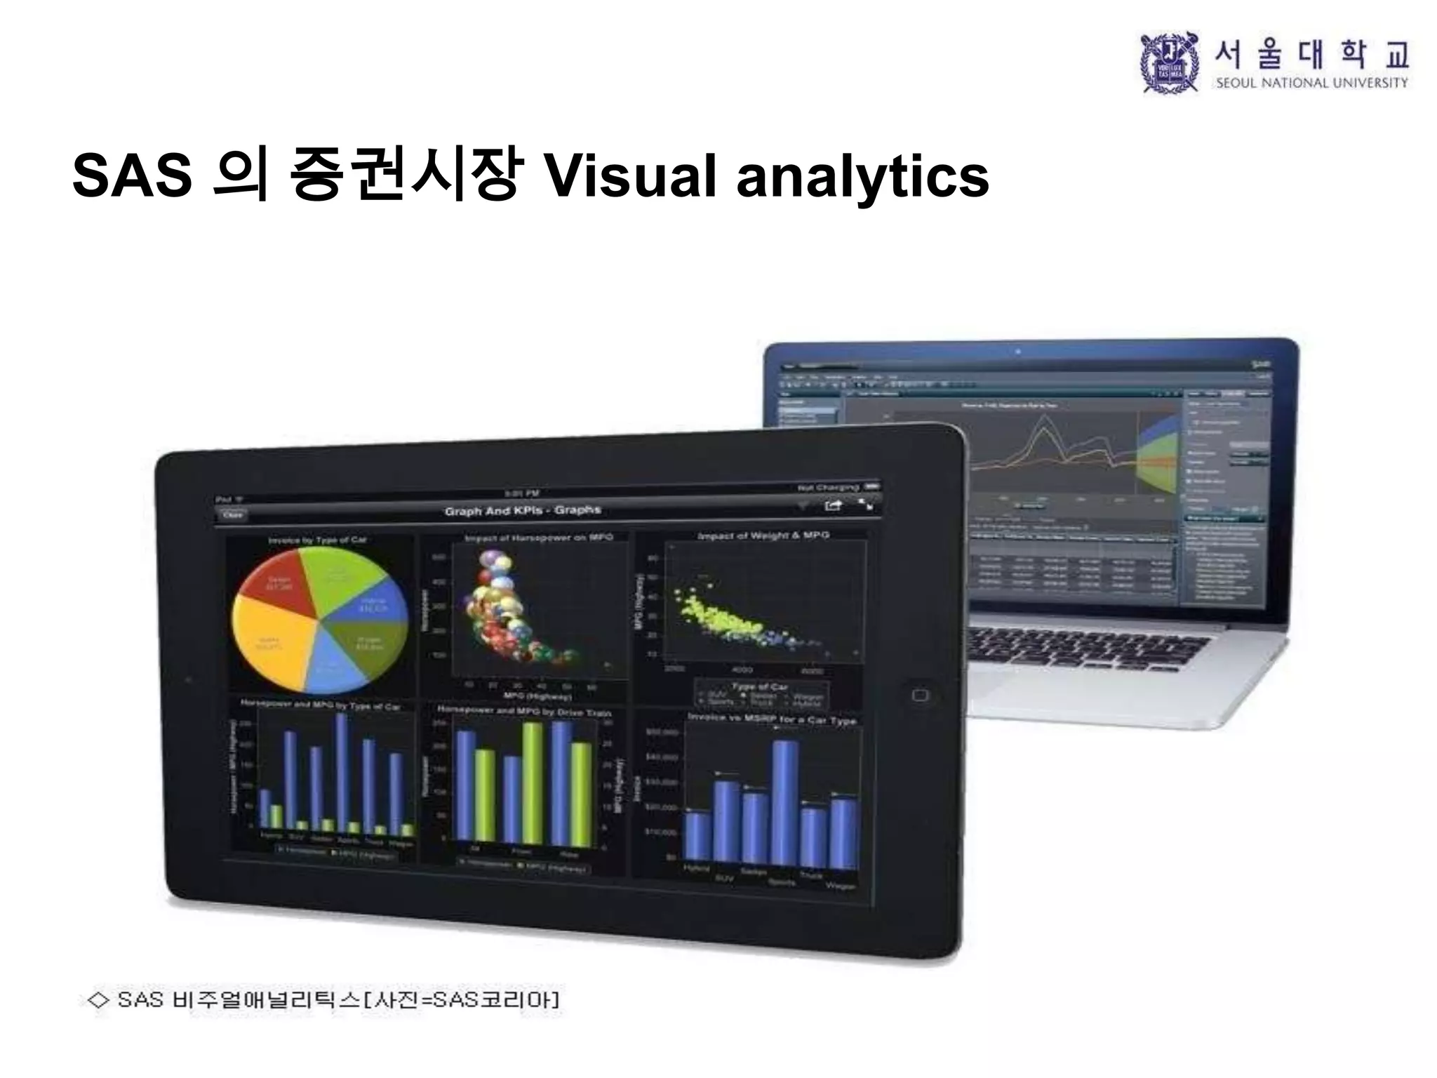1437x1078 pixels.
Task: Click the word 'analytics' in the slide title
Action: [862, 175]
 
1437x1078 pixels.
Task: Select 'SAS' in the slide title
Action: [132, 175]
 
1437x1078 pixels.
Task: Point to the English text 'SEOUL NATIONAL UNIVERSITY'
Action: [1311, 83]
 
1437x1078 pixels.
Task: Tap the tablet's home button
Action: [920, 695]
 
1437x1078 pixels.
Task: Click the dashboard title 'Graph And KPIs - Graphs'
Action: [523, 510]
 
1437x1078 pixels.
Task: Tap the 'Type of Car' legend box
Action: [761, 694]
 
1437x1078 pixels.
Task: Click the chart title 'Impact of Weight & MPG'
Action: [763, 535]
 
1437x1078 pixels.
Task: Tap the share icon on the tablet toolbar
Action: [833, 505]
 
